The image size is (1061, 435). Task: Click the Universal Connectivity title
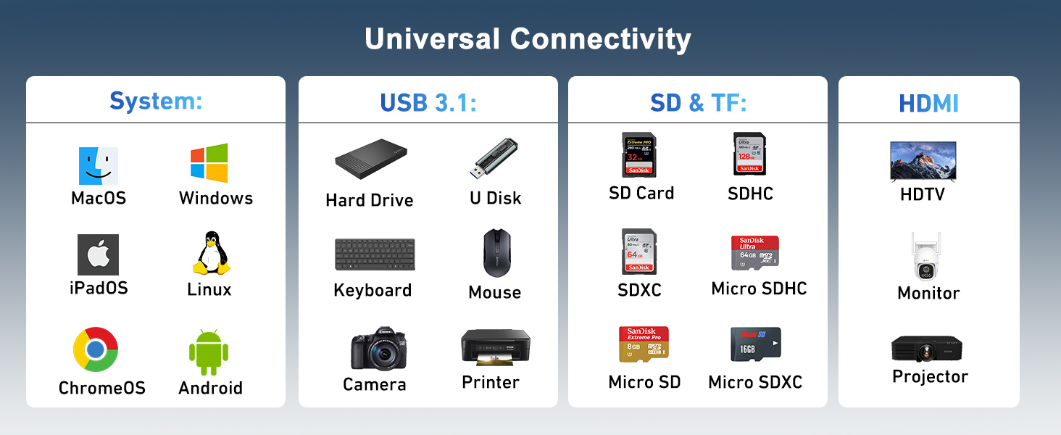click(x=528, y=39)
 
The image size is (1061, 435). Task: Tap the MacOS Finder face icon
click(x=98, y=165)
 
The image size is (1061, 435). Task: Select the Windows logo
click(x=209, y=163)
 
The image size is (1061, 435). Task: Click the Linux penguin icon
click(x=211, y=253)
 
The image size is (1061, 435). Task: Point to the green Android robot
click(x=209, y=352)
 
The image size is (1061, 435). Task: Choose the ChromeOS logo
click(x=96, y=349)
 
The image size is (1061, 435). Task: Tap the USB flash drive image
click(x=494, y=159)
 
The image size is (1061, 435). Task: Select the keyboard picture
click(x=375, y=254)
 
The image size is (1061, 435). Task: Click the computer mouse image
click(x=497, y=253)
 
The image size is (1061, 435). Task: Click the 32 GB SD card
click(x=639, y=154)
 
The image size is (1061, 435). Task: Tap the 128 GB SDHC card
click(x=749, y=153)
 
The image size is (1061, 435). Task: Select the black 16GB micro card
click(x=755, y=345)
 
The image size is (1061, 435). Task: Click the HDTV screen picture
click(x=923, y=161)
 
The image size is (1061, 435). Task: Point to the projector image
click(x=927, y=349)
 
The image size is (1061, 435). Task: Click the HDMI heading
click(x=928, y=103)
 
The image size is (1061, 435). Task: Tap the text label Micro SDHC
click(x=759, y=289)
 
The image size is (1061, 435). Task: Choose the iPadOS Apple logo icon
click(x=98, y=254)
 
